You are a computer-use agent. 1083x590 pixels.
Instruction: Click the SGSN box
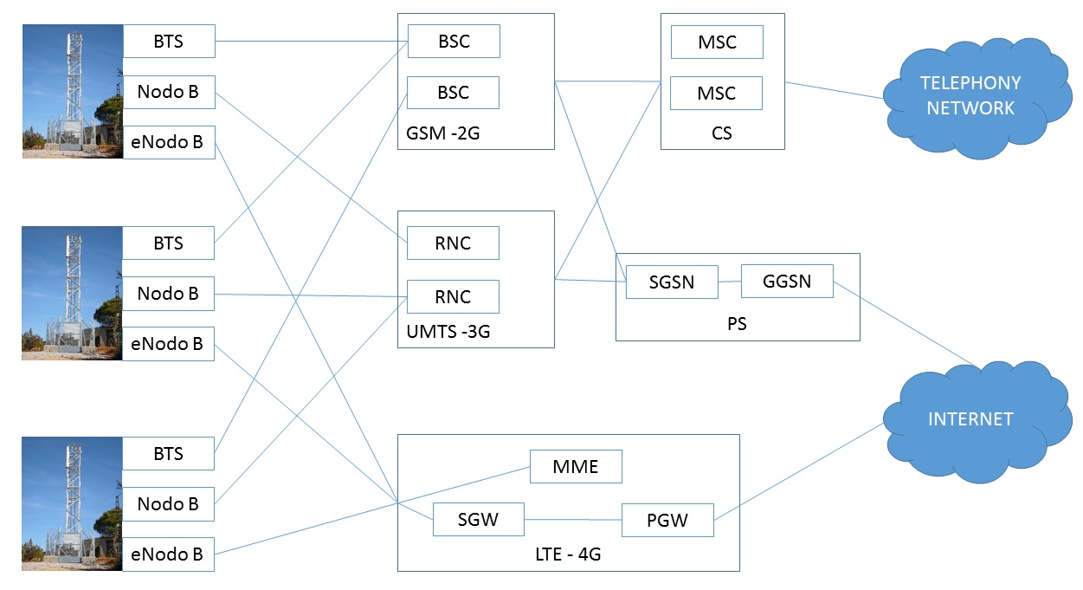672,282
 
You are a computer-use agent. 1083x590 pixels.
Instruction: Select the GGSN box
787,281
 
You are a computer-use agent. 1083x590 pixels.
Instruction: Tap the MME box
576,467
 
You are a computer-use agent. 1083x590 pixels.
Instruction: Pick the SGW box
479,520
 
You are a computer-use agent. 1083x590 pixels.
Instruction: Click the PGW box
667,520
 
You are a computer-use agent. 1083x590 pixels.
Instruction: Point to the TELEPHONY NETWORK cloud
970,96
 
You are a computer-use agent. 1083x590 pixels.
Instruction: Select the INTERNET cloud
970,419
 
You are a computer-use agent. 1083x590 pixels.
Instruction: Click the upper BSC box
454,42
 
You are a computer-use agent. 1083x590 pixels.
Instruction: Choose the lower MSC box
717,93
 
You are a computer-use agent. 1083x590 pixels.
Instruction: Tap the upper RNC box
453,243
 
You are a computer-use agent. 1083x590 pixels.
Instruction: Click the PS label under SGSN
737,325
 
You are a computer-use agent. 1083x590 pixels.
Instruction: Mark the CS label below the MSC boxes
722,133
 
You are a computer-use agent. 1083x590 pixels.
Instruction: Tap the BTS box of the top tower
168,41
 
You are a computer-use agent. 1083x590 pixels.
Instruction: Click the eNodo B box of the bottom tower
168,554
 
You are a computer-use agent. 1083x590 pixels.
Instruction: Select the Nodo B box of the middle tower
168,294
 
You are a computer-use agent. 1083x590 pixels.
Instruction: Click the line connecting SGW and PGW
573,520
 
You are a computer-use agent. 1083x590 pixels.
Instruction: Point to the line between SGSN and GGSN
730,282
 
